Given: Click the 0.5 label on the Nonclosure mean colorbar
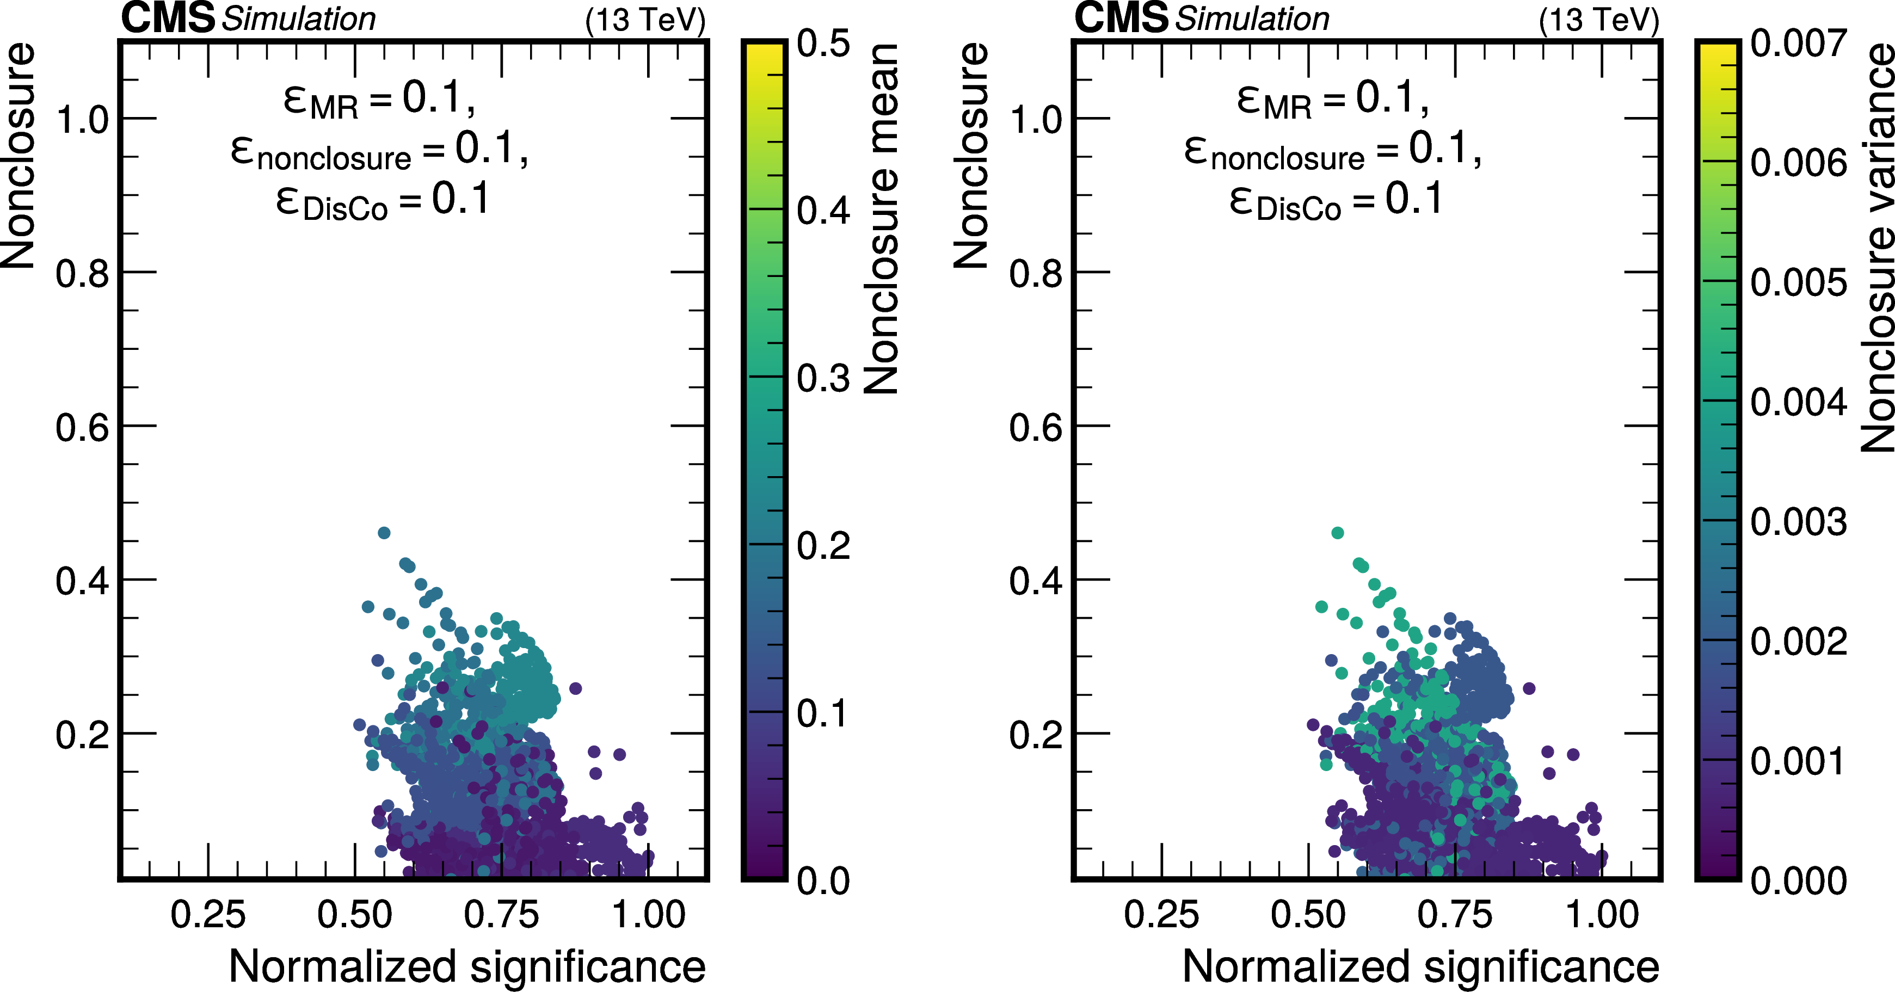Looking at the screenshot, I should [823, 44].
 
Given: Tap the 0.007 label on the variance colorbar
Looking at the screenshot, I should [1798, 44].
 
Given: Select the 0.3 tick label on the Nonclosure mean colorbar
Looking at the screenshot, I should [823, 378].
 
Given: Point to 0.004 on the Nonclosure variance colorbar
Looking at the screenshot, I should [1798, 402].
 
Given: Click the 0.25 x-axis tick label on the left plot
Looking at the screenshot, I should [208, 915].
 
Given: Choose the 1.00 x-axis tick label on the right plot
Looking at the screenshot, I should [1602, 915].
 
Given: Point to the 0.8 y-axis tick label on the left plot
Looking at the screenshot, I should [82, 274].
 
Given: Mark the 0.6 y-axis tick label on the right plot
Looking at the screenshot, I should [1036, 427].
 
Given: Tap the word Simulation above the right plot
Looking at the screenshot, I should [1252, 19].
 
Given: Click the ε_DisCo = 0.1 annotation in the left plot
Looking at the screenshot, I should [383, 201].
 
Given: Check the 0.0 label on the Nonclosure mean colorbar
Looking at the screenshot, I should [823, 880].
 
